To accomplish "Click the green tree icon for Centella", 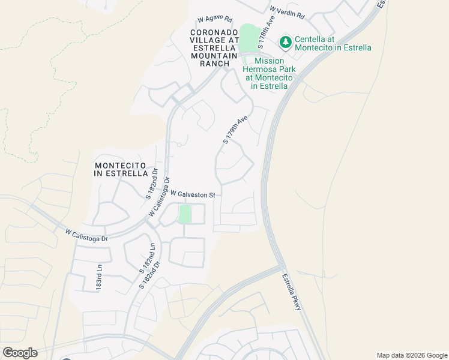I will pyautogui.click(x=286, y=41).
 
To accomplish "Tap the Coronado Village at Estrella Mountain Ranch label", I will pyautogui.click(x=210, y=47).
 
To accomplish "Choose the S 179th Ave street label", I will pyautogui.click(x=235, y=130).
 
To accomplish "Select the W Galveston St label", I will pyautogui.click(x=193, y=194).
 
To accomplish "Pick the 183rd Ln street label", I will pyautogui.click(x=99, y=278).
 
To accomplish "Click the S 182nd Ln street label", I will pyautogui.click(x=147, y=259).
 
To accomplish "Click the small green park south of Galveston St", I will pyautogui.click(x=185, y=214).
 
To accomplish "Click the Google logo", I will pyautogui.click(x=20, y=353).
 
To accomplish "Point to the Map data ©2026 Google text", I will pyautogui.click(x=412, y=355).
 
